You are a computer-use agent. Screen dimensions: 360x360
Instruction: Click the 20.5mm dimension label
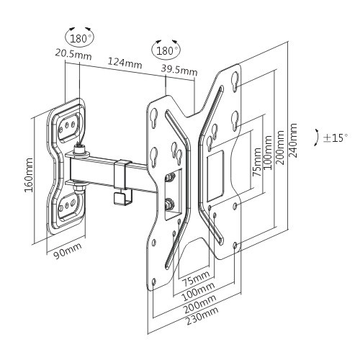tap(73, 55)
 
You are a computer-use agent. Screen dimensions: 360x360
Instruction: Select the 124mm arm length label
tap(125, 63)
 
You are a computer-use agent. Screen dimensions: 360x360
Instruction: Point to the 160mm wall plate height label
tap(29, 174)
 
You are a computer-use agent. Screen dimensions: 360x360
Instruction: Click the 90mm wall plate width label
tap(68, 251)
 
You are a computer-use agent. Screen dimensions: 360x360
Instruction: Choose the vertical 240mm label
tap(293, 140)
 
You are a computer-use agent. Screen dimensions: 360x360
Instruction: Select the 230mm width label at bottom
tap(202, 316)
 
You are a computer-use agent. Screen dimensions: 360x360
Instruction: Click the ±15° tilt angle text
tap(335, 138)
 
